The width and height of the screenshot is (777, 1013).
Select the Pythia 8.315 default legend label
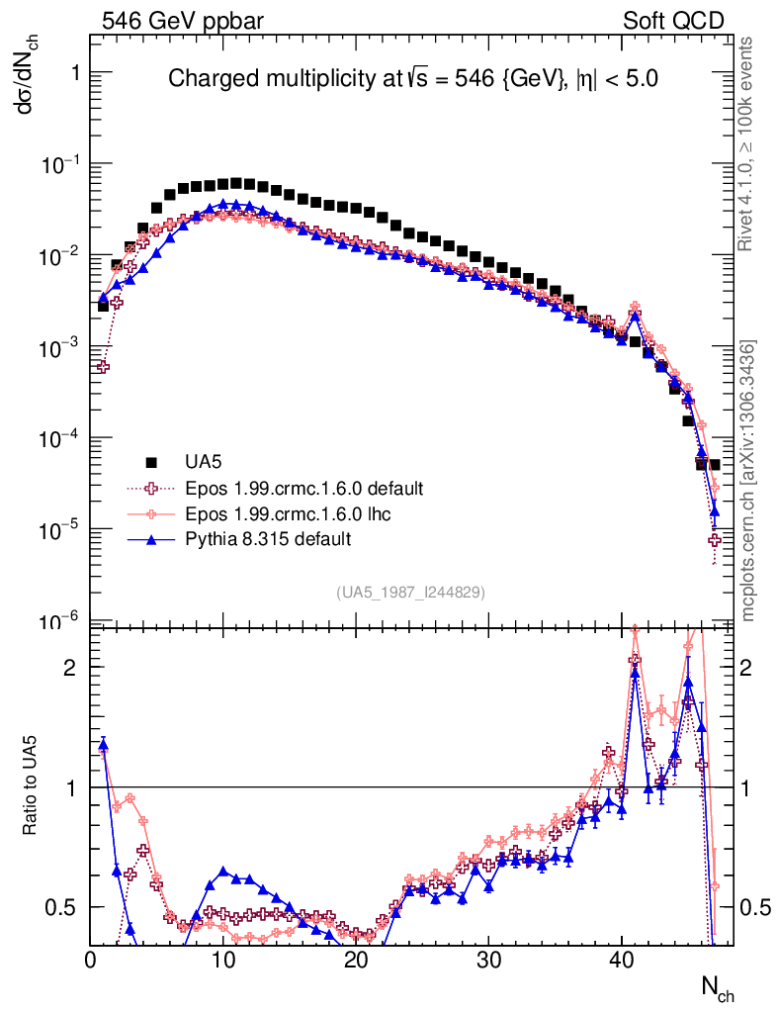[x=268, y=539]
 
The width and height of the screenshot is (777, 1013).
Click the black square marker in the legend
[x=151, y=462]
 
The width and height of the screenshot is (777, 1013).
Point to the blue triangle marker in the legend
[x=151, y=539]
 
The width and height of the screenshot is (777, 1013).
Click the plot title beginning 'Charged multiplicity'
[x=412, y=79]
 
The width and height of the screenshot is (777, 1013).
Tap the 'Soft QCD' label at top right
[x=673, y=21]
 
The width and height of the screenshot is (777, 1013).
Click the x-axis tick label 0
[x=91, y=959]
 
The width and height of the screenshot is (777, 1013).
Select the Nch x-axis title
[x=718, y=987]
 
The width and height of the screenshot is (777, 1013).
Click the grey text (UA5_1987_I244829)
[x=410, y=593]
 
